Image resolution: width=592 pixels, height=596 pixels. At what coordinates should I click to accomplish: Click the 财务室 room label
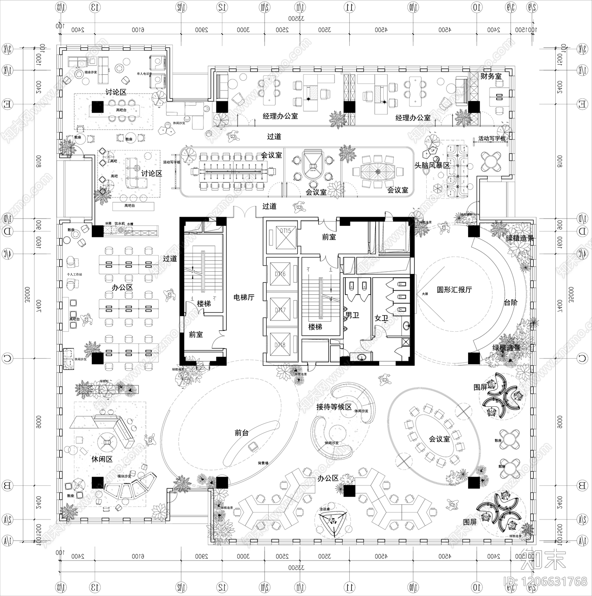click(491, 77)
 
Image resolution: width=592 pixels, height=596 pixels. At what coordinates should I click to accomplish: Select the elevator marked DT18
click(280, 345)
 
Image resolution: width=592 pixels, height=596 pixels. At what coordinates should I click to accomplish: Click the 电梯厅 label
click(243, 297)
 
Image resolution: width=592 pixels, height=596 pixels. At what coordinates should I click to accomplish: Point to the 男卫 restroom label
click(352, 315)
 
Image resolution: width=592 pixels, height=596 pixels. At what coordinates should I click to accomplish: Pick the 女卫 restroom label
click(381, 318)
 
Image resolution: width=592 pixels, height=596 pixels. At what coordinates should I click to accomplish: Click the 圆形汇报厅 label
click(454, 290)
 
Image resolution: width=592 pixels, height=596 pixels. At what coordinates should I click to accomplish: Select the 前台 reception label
click(242, 433)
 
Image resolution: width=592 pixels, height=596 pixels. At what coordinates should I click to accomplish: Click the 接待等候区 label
click(334, 407)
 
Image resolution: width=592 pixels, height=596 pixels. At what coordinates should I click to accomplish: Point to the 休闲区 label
click(102, 459)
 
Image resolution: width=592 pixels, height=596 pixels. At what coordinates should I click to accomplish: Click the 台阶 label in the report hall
click(511, 302)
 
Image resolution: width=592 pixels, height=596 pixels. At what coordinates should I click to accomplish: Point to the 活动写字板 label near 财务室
click(492, 138)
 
